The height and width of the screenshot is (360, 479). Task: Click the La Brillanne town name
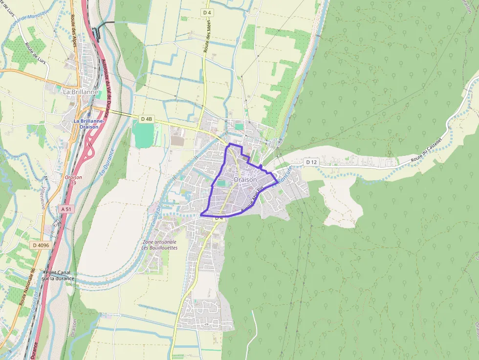(81, 91)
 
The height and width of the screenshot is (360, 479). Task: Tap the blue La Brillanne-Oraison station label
(86, 124)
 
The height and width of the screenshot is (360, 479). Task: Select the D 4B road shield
(147, 119)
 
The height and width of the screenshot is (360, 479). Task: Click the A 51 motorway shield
(66, 209)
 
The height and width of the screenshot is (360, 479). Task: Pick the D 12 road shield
(311, 162)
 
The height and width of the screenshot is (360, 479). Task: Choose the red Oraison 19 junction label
(73, 180)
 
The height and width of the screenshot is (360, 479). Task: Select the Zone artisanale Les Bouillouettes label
(159, 245)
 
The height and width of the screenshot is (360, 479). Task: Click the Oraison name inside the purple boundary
(245, 180)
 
